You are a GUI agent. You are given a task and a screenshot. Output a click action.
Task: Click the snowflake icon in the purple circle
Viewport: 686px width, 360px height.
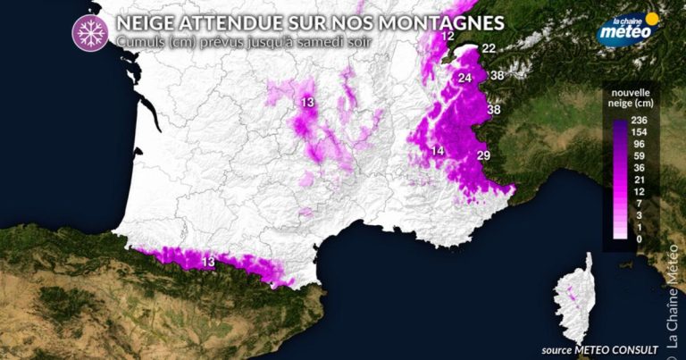click(x=89, y=31)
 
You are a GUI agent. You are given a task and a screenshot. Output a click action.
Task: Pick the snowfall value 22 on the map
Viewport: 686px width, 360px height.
click(x=489, y=48)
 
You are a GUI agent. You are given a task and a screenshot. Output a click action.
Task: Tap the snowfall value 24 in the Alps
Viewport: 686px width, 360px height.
click(x=464, y=79)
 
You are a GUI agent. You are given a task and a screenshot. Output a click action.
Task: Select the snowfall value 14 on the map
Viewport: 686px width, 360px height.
click(x=437, y=151)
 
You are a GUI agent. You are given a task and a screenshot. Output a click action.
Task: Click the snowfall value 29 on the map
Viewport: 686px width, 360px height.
click(x=483, y=156)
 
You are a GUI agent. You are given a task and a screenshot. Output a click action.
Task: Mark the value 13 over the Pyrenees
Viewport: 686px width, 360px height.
click(x=208, y=262)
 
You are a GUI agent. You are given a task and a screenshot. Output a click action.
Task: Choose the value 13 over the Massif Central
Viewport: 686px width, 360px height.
click(x=308, y=104)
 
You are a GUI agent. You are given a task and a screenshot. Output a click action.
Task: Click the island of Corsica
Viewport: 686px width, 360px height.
click(x=574, y=300)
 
